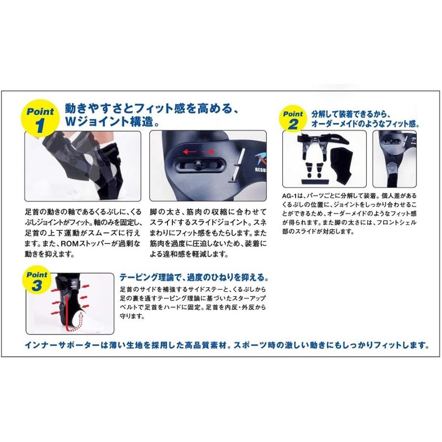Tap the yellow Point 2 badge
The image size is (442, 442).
pyautogui.click(x=293, y=119)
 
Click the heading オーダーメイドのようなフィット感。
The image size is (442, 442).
pyautogui.click(x=365, y=124)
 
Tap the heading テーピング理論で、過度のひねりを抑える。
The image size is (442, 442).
pyautogui.click(x=194, y=276)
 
